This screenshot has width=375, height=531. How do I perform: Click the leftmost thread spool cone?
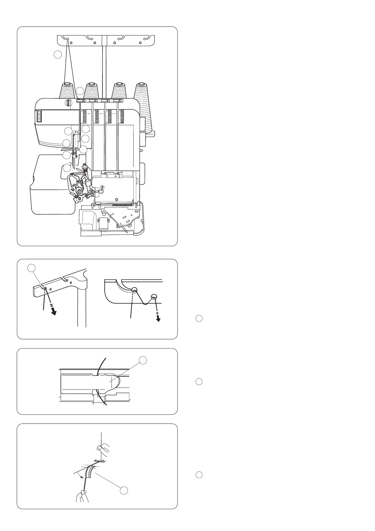click(x=67, y=91)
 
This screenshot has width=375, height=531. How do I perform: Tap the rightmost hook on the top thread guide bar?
click(x=146, y=38)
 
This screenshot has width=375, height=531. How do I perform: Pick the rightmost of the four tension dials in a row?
click(x=122, y=116)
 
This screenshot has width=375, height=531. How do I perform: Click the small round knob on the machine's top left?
click(x=67, y=102)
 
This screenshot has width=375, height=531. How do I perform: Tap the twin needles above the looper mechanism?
click(x=74, y=164)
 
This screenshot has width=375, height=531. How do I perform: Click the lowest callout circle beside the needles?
click(x=66, y=168)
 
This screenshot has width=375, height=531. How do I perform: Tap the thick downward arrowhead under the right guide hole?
click(x=158, y=319)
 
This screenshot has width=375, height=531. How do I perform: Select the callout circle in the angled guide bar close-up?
click(x=31, y=268)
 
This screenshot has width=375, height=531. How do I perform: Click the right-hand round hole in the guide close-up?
click(x=154, y=296)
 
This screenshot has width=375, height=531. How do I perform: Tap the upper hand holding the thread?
click(x=103, y=448)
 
